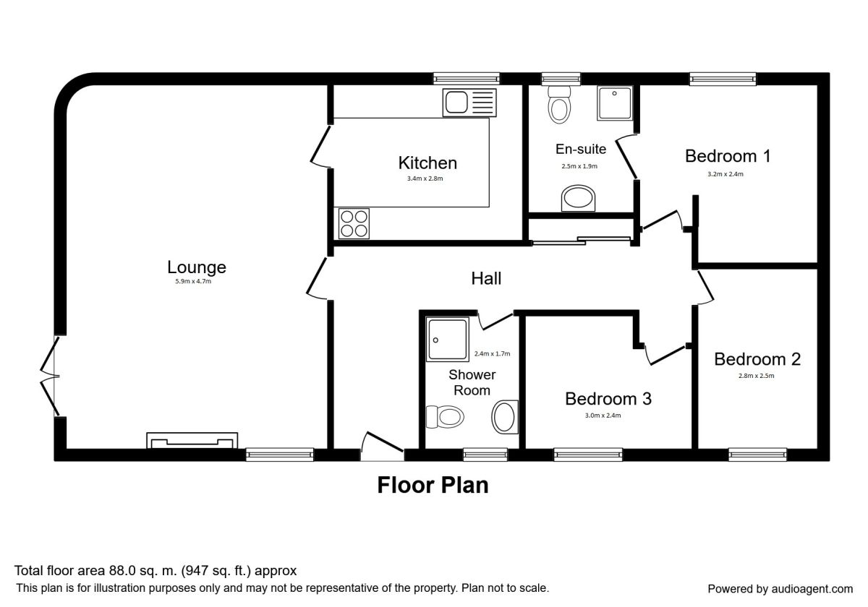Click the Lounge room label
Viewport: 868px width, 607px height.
pyautogui.click(x=197, y=267)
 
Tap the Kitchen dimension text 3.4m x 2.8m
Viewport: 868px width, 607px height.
pyautogui.click(x=425, y=178)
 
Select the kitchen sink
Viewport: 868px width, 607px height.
pyautogui.click(x=469, y=103)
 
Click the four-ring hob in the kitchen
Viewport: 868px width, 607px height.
pyautogui.click(x=354, y=224)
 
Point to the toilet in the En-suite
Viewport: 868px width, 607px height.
pyautogui.click(x=559, y=105)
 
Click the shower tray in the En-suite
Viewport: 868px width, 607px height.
pyautogui.click(x=615, y=103)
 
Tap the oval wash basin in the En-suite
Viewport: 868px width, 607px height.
pyautogui.click(x=578, y=198)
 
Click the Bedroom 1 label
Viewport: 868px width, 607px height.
pyautogui.click(x=728, y=156)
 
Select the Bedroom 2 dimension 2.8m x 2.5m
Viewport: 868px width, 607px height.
pyautogui.click(x=756, y=376)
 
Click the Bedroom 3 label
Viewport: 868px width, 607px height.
pyautogui.click(x=608, y=399)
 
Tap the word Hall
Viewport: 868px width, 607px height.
pyautogui.click(x=486, y=278)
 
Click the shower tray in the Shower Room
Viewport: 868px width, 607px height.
pyautogui.click(x=447, y=340)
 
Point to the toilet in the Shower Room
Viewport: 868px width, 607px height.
pyautogui.click(x=445, y=417)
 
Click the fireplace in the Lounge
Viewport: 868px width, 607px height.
pyautogui.click(x=192, y=441)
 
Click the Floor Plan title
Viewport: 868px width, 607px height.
pyautogui.click(x=433, y=485)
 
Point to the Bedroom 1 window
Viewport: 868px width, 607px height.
pyautogui.click(x=723, y=79)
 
